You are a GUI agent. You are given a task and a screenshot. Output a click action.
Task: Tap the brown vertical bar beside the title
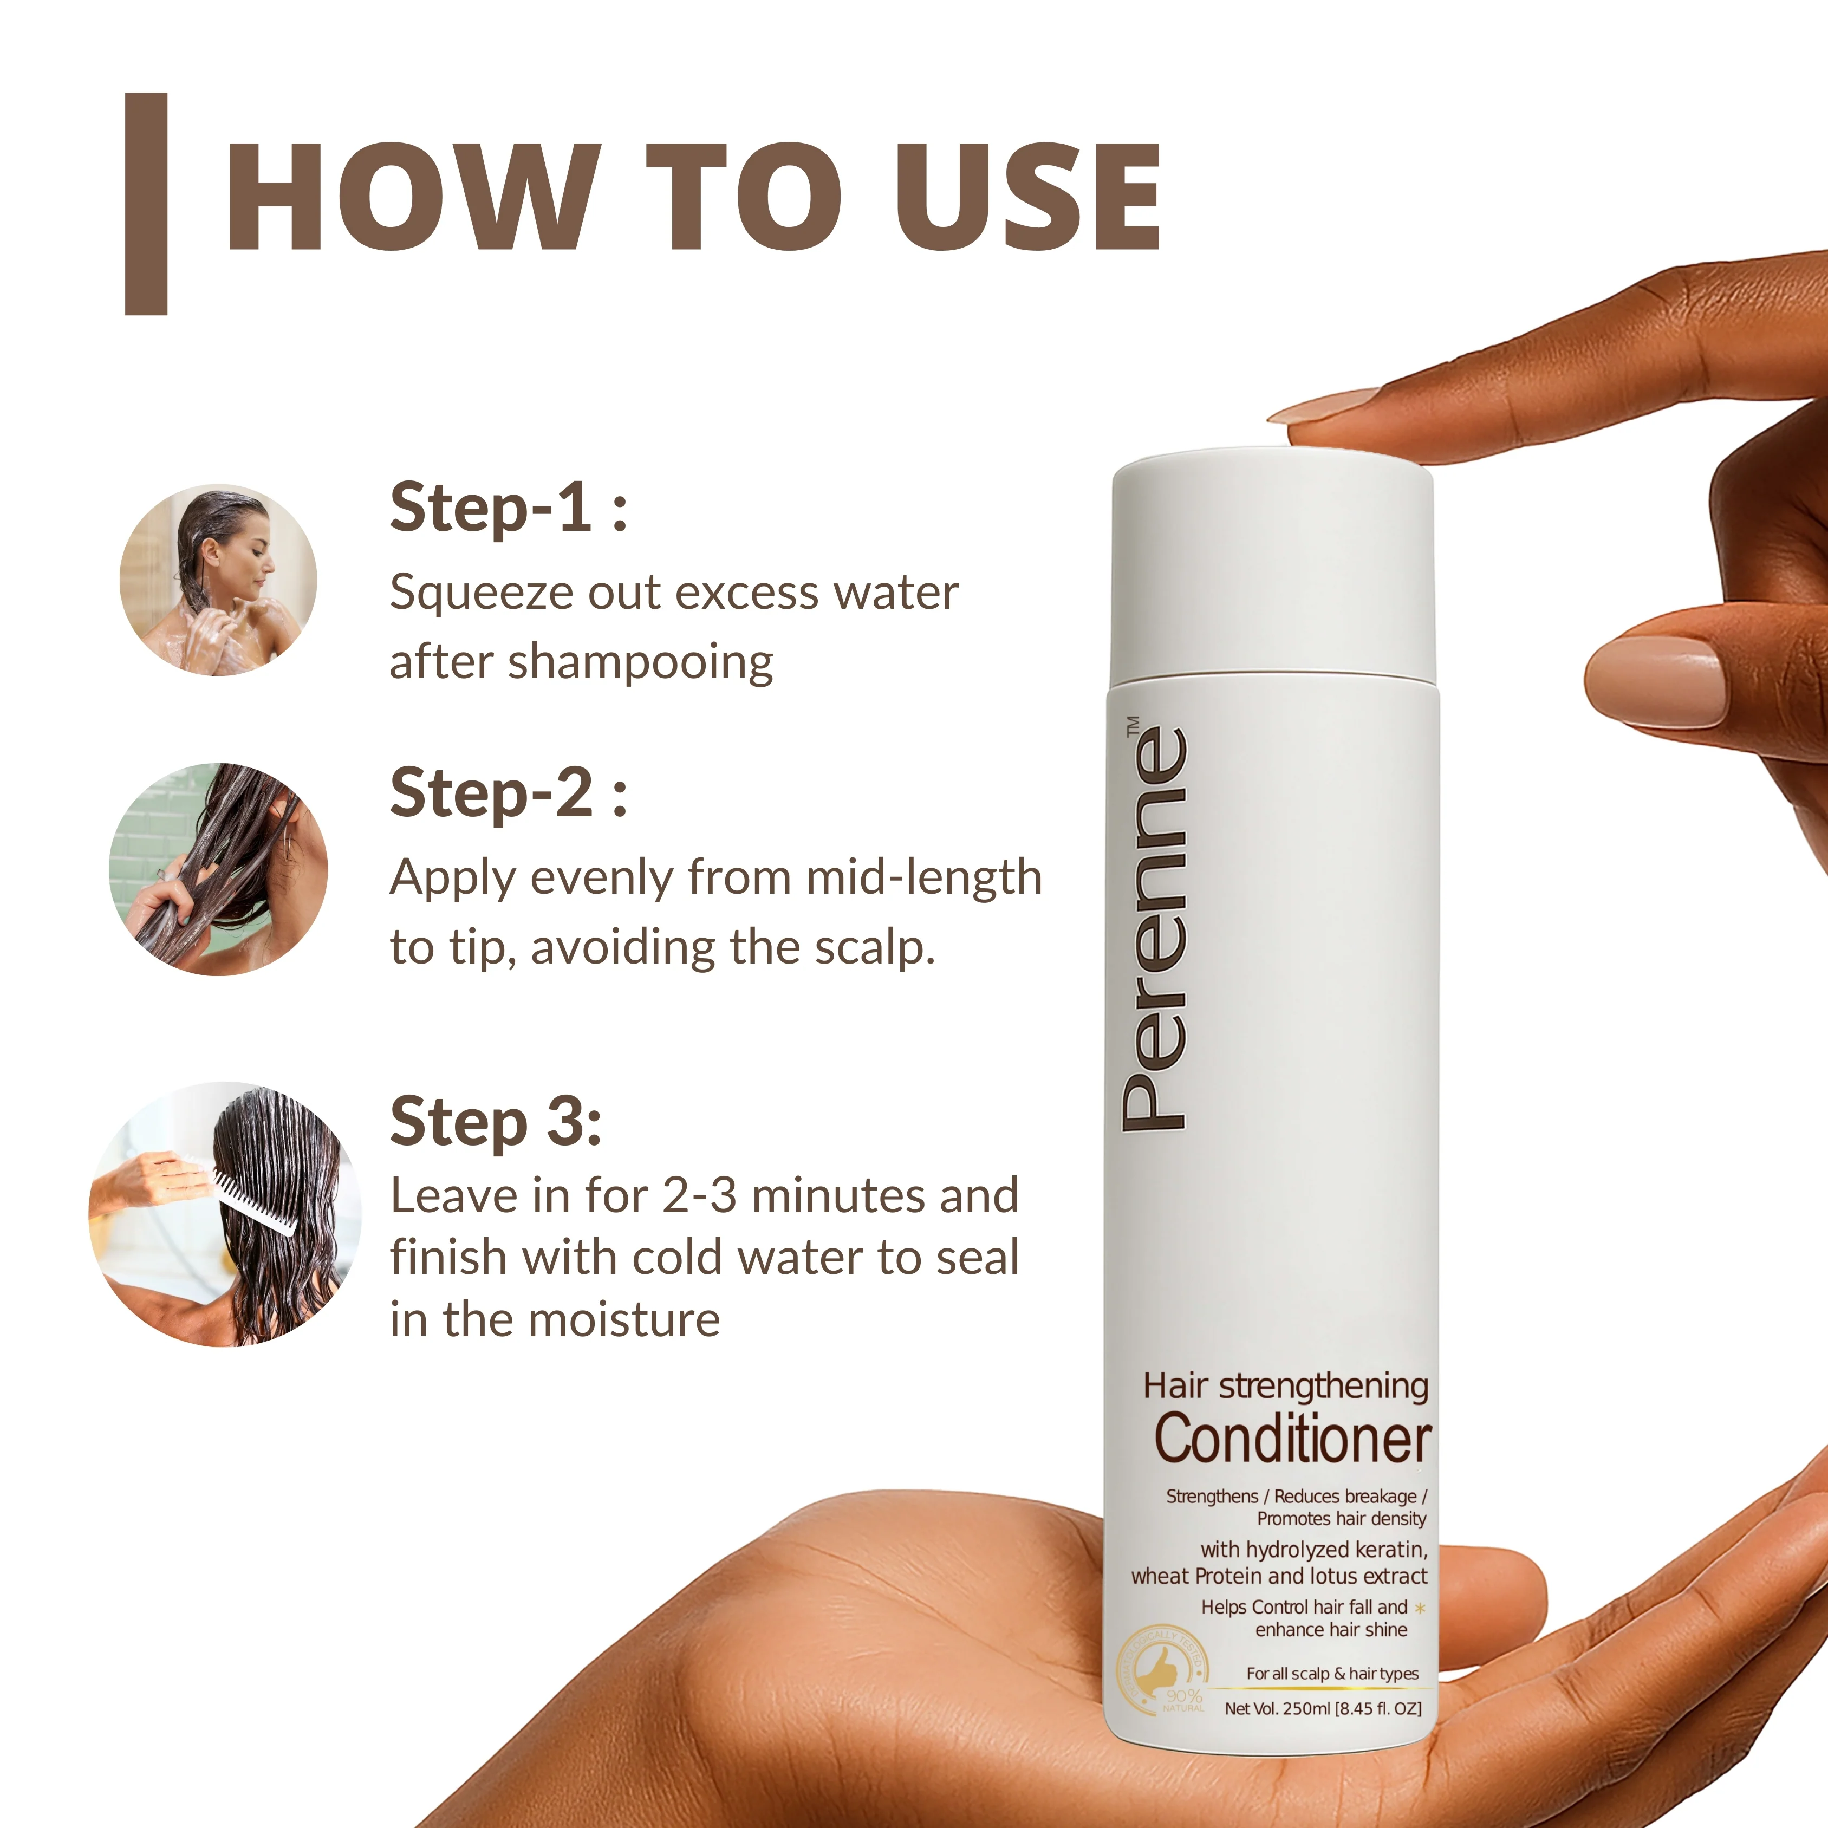(x=146, y=204)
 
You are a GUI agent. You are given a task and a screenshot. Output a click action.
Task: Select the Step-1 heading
(x=508, y=508)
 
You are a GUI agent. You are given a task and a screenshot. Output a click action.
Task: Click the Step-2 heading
(x=508, y=793)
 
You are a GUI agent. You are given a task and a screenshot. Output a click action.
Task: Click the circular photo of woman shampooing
(x=218, y=580)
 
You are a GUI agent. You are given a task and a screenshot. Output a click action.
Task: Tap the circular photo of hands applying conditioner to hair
(x=219, y=869)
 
